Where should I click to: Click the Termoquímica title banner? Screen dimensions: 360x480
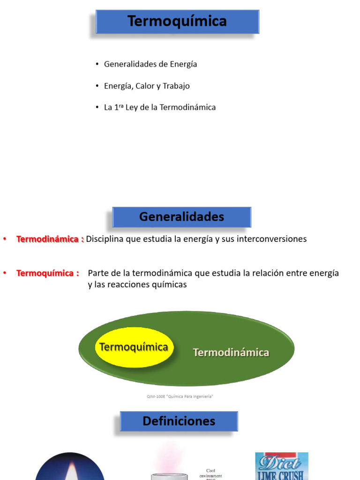[x=177, y=21]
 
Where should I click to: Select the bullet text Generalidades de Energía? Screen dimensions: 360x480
[x=150, y=64]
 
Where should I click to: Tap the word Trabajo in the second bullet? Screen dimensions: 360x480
[x=176, y=86]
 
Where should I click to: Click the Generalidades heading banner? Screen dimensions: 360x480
[x=181, y=217]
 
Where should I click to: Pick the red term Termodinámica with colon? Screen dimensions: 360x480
[x=50, y=239]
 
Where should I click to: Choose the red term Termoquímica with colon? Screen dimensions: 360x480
[x=48, y=273]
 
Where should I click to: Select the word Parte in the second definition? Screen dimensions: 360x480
[x=98, y=273]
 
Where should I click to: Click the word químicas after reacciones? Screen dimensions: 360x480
[x=167, y=285]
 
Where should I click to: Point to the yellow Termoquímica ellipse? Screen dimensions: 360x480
[x=134, y=347]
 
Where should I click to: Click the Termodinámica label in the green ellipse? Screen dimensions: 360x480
[x=231, y=352]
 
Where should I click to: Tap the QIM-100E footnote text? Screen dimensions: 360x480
[x=180, y=397]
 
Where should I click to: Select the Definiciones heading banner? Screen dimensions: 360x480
[x=179, y=421]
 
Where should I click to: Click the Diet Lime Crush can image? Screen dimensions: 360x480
[x=281, y=466]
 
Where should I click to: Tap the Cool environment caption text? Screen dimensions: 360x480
[x=214, y=473]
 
